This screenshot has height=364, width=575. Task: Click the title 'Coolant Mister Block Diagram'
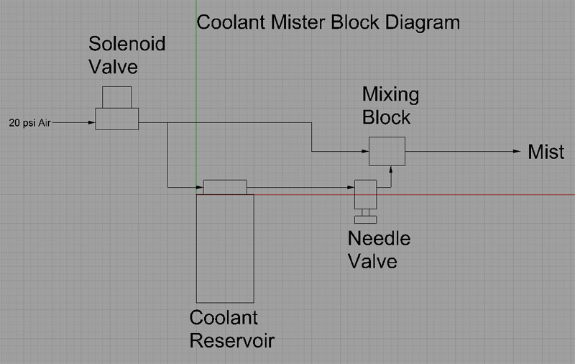pyautogui.click(x=328, y=22)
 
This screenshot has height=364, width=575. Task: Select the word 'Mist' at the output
pyautogui.click(x=546, y=152)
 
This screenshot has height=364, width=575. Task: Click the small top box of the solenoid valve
pyautogui.click(x=117, y=97)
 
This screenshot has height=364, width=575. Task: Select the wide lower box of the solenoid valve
pyautogui.click(x=117, y=119)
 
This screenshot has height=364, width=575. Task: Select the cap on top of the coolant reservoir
pyautogui.click(x=225, y=187)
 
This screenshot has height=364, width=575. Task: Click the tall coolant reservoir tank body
pyautogui.click(x=225, y=248)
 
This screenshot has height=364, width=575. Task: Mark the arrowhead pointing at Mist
pyautogui.click(x=517, y=152)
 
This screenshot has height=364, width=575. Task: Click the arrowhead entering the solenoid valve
pyautogui.click(x=92, y=123)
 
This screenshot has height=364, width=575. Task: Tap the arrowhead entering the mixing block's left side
pyautogui.click(x=364, y=152)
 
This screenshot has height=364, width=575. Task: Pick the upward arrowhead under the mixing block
pyautogui.click(x=390, y=170)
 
